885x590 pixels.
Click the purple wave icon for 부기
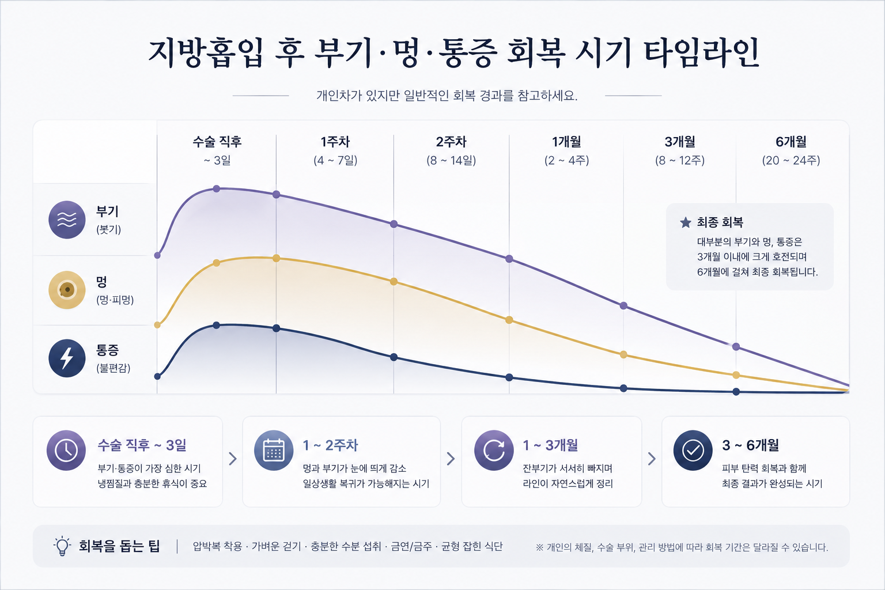[x=67, y=220]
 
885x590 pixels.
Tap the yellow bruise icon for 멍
[x=67, y=290]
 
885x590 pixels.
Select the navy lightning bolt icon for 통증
[x=67, y=358]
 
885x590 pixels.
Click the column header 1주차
[x=335, y=142]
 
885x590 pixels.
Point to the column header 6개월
[x=791, y=142]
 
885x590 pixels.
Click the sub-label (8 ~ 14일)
[x=451, y=160]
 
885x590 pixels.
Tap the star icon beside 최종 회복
[x=686, y=222]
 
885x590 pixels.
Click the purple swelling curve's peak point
[x=216, y=188]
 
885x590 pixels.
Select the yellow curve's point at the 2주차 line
[x=394, y=281]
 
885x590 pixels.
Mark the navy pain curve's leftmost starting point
[x=157, y=376]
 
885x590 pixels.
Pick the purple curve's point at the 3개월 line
[x=623, y=305]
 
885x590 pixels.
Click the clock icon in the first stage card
[x=66, y=450]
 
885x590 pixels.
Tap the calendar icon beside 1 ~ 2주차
[x=274, y=450]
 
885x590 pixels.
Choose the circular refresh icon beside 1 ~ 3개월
[x=494, y=450]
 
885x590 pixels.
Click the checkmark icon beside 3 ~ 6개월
[x=693, y=450]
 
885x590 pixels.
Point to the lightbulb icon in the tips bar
[x=62, y=546]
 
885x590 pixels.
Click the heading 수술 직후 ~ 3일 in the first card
[x=142, y=445]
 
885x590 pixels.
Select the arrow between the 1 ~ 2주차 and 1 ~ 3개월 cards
[x=451, y=459]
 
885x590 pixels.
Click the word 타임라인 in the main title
[x=701, y=53]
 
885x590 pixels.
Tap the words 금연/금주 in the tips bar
[x=411, y=547]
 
